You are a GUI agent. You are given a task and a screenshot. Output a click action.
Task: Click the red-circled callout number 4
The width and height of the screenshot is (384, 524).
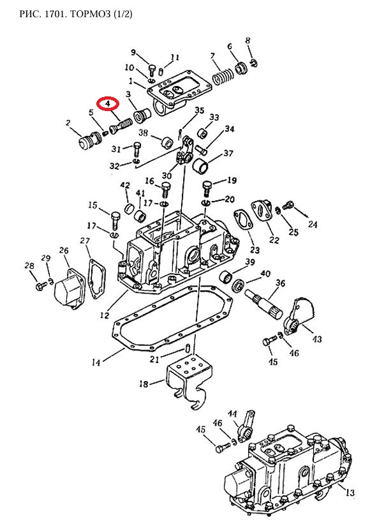pos(108,104)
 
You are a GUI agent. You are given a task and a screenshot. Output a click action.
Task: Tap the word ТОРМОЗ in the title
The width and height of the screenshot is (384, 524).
pos(90,14)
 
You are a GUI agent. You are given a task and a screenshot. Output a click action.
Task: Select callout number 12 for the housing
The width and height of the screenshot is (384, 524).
pos(105,315)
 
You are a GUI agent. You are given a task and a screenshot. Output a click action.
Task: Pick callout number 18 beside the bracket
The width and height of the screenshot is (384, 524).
pos(144,384)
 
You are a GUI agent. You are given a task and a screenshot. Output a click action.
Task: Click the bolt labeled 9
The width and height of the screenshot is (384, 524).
pos(152,70)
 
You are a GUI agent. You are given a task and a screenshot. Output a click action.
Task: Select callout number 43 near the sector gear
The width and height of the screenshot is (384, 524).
pos(317,339)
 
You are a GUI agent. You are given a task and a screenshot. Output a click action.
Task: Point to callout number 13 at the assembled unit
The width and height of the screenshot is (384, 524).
pos(350,492)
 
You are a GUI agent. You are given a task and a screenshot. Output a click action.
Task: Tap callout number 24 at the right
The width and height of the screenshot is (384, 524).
pos(312,224)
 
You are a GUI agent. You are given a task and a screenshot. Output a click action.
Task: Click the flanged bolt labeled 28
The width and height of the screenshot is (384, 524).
pos(39,287)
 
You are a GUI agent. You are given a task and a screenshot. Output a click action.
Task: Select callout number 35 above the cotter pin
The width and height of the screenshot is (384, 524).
pos(200,110)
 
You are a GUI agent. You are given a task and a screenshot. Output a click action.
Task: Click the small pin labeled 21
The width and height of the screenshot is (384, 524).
pos(188,348)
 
